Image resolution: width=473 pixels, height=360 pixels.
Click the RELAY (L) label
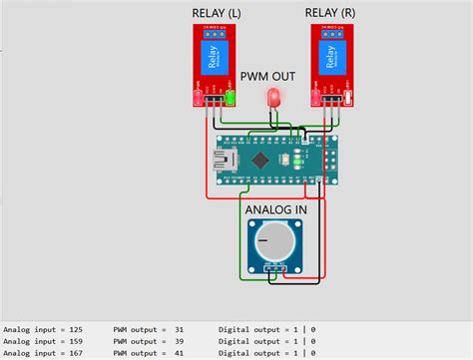coord(216,13)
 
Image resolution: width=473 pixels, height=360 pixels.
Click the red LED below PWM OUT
coord(273,98)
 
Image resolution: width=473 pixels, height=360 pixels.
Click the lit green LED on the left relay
coord(231,98)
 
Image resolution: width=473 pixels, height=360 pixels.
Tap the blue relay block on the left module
coord(216,59)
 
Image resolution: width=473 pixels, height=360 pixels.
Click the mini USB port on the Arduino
coord(222,159)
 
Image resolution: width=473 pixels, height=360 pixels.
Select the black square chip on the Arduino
coord(262,160)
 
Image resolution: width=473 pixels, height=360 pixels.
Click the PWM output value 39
coord(179,340)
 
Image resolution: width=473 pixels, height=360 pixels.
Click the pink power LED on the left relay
coord(200,98)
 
